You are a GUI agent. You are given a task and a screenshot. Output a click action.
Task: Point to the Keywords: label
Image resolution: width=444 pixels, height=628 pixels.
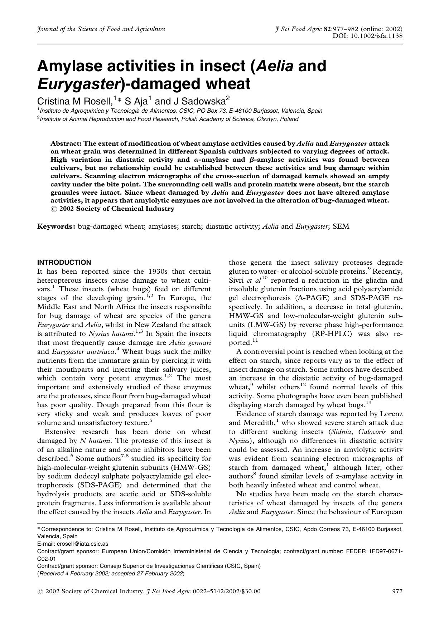point(56,226)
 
